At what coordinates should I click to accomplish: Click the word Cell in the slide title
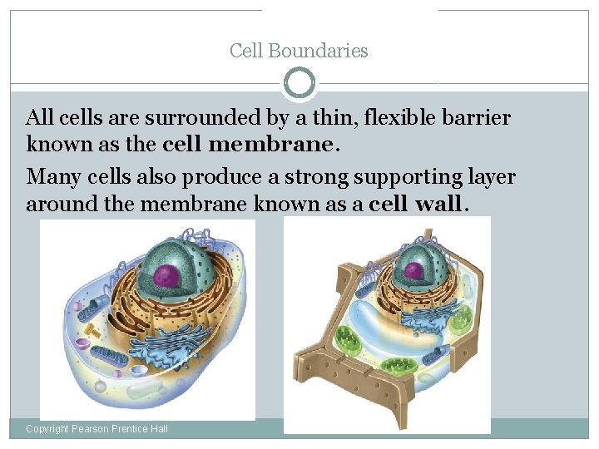pos(245,51)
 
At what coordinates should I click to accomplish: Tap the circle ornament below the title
pos(299,83)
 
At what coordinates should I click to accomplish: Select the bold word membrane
pos(270,144)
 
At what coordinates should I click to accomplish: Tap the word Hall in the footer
pos(157,428)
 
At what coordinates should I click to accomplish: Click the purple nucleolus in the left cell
pos(168,274)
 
